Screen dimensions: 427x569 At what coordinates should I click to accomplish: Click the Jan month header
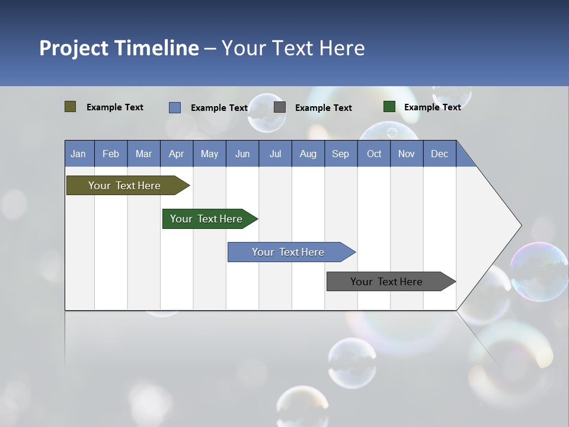(x=79, y=154)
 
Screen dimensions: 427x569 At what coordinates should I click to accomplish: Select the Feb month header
(x=111, y=154)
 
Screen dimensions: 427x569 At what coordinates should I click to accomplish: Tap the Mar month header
(x=143, y=154)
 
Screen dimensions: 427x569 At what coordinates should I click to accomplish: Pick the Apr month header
(x=177, y=154)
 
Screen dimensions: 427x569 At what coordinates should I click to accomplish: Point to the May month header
(x=209, y=154)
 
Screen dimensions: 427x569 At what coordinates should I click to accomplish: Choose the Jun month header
(x=242, y=154)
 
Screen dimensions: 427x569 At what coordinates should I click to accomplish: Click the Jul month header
(x=275, y=154)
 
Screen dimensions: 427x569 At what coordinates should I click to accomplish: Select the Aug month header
(x=308, y=154)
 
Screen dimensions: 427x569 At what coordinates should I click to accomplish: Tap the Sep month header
(x=341, y=154)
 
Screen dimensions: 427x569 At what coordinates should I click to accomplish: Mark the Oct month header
(x=374, y=154)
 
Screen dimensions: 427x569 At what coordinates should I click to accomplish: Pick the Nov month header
(x=407, y=154)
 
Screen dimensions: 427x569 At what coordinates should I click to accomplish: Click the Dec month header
(x=440, y=154)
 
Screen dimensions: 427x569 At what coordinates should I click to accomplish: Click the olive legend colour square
(x=71, y=107)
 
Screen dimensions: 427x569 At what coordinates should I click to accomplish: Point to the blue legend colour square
(x=175, y=107)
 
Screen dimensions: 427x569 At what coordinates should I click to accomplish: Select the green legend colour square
(x=389, y=107)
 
